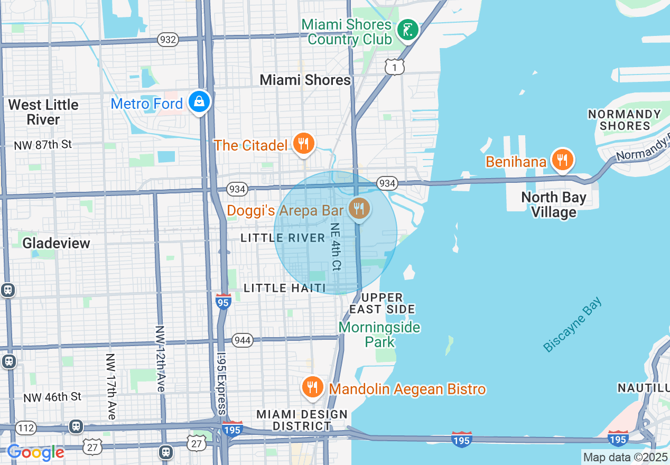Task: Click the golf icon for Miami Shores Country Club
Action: point(407,30)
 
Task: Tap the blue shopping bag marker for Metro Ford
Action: point(199,101)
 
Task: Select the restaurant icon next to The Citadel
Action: point(303,144)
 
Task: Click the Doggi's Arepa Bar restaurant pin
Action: point(359,209)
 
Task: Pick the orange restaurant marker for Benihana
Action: point(563,159)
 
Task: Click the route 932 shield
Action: point(168,40)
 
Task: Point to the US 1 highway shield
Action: point(394,67)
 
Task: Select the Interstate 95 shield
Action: point(223,302)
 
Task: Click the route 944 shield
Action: point(241,340)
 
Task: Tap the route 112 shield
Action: point(25,427)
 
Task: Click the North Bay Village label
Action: point(553,204)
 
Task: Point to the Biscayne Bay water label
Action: point(572,325)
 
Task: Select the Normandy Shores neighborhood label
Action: point(624,120)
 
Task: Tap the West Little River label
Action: point(43,112)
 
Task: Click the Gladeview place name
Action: point(56,243)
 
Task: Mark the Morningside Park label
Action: point(379,334)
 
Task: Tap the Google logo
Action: point(36,452)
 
